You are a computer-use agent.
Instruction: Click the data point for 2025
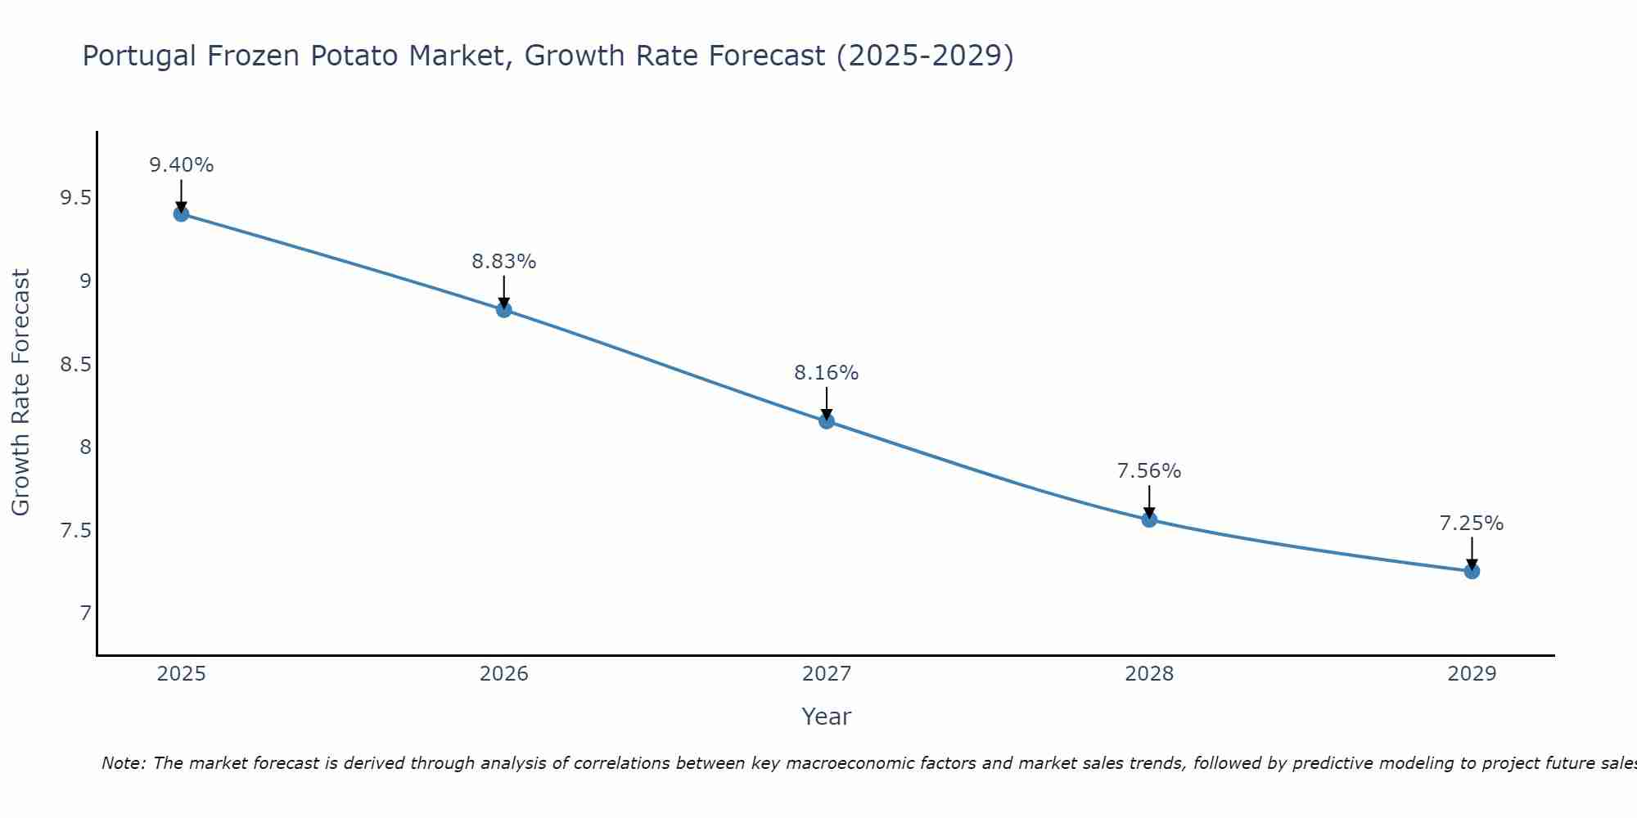coord(181,214)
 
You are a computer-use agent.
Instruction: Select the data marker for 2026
coord(503,309)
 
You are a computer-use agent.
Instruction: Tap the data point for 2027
coord(827,421)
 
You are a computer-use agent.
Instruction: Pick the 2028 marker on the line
coord(1149,519)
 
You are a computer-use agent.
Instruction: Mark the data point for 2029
coord(1472,571)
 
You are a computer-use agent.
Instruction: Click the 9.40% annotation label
coord(181,165)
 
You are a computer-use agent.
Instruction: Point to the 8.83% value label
coord(503,262)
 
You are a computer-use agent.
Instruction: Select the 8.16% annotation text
coord(827,373)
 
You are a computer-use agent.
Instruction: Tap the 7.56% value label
coord(1149,471)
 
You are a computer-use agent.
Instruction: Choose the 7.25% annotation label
coord(1472,524)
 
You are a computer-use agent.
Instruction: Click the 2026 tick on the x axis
coord(503,674)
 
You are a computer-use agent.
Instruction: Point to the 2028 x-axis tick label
coord(1149,674)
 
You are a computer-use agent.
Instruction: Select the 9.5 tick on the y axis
coord(75,199)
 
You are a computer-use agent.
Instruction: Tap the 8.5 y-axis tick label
coord(75,365)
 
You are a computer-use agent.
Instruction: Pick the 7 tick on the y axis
coord(85,613)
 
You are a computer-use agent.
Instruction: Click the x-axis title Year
coord(827,717)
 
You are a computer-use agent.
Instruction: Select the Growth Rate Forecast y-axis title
coord(21,393)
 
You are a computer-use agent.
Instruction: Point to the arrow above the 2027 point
coord(827,402)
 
